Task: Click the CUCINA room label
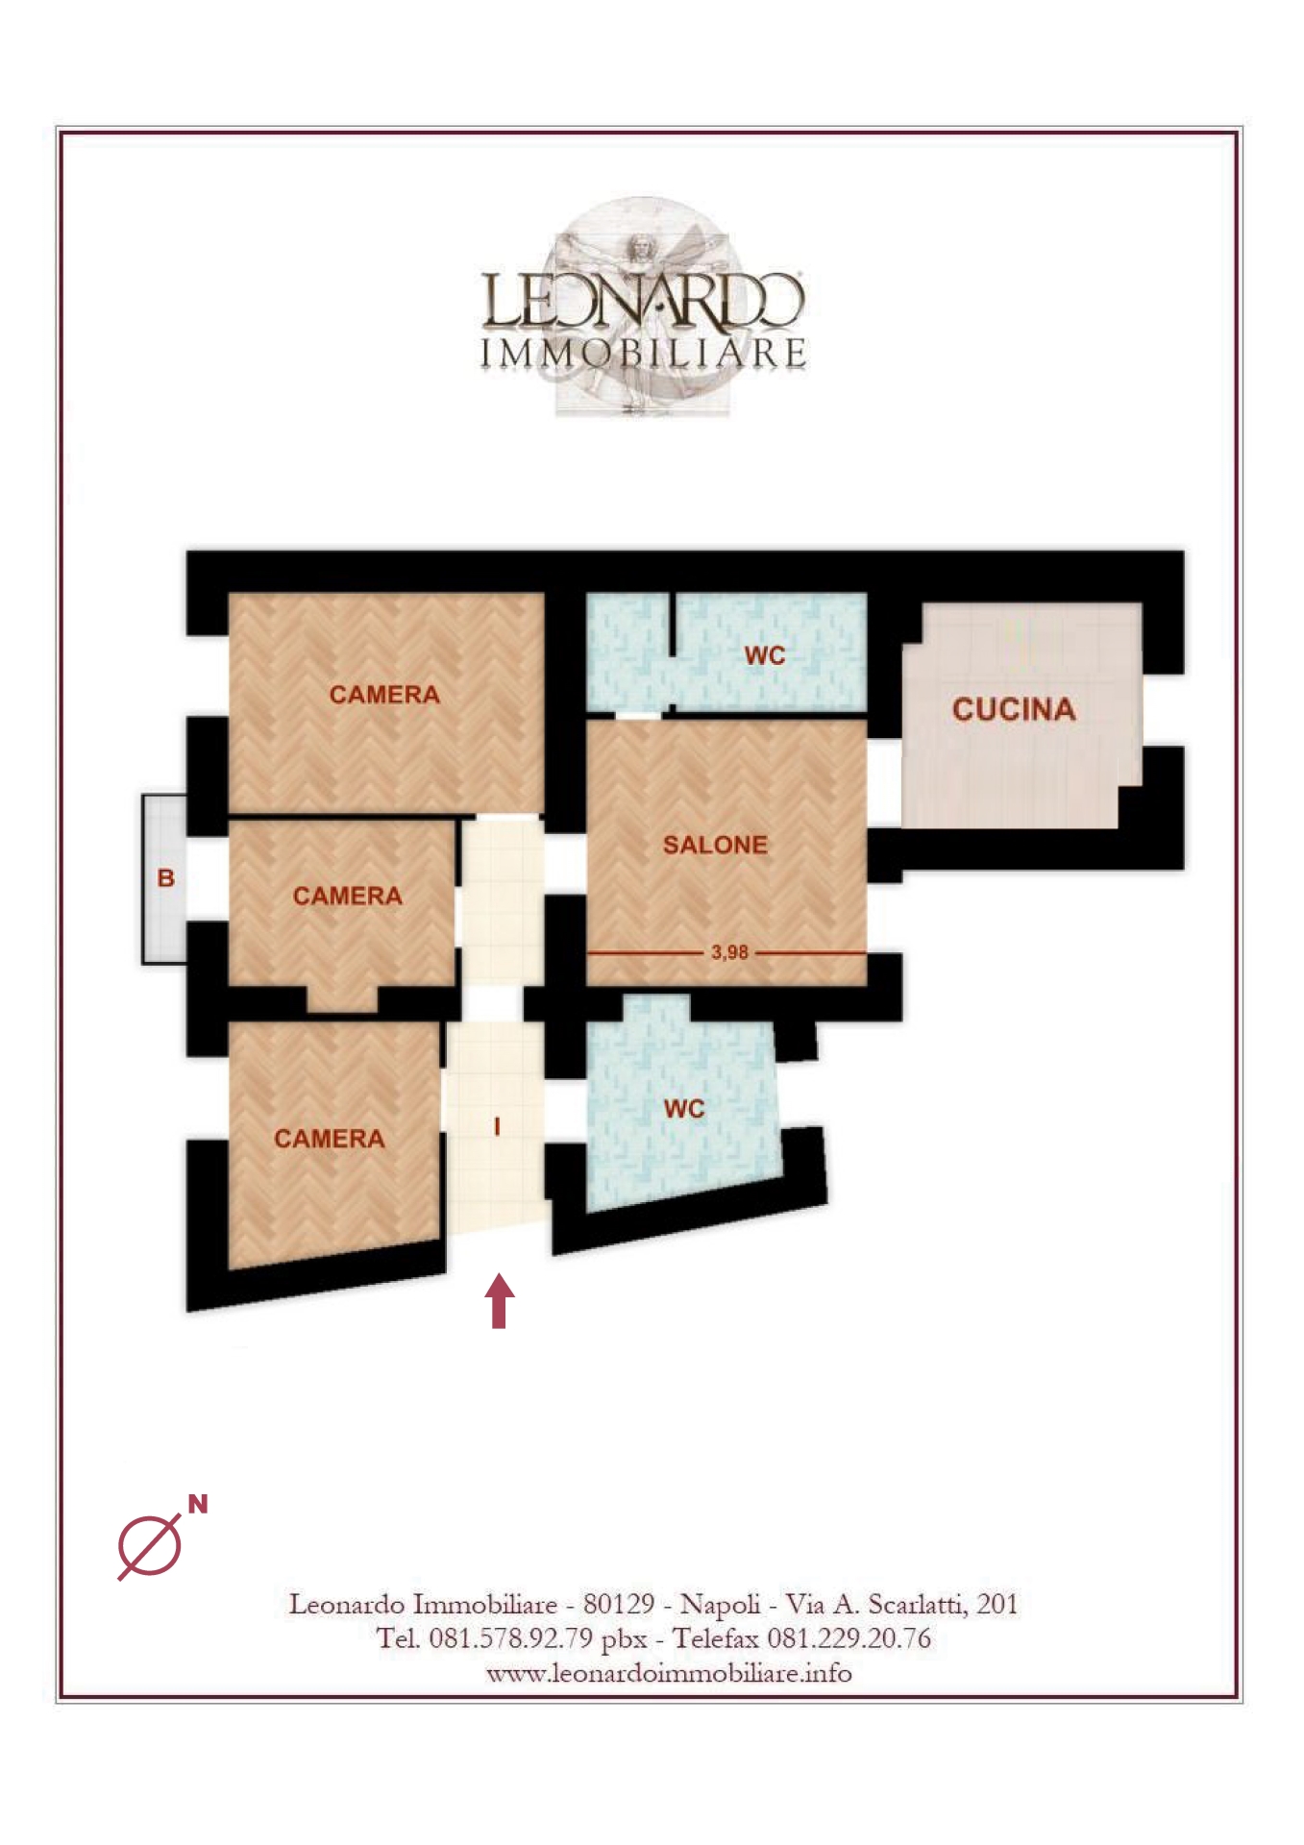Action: (x=1013, y=709)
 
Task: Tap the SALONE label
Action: (x=715, y=845)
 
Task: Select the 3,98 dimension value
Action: (x=729, y=952)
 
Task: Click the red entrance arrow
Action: (x=499, y=1300)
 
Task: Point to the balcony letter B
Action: (x=166, y=877)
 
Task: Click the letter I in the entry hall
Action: (x=497, y=1126)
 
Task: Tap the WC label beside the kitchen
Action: (x=765, y=655)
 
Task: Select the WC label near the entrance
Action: (x=684, y=1109)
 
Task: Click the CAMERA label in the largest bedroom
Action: (x=384, y=694)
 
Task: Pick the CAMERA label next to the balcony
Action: (x=347, y=896)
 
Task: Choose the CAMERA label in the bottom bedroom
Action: (x=329, y=1139)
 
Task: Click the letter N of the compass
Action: (x=198, y=1504)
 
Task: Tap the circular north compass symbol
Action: (x=150, y=1546)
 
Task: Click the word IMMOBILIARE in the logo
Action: (x=643, y=354)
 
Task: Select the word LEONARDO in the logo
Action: (x=642, y=300)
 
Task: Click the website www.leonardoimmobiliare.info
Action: (x=669, y=1673)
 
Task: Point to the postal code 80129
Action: (x=619, y=1604)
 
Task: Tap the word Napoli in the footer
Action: (x=720, y=1605)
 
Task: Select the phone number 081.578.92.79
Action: (x=510, y=1638)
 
